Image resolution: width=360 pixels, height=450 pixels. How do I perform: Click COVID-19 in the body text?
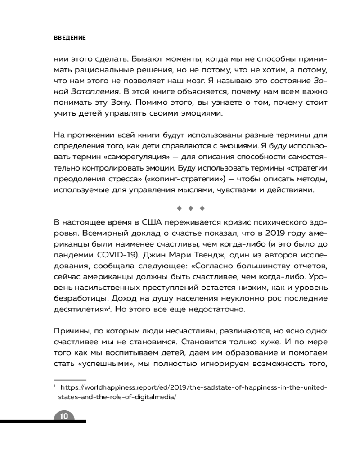click(x=111, y=255)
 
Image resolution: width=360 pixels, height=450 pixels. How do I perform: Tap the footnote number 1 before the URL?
click(x=54, y=387)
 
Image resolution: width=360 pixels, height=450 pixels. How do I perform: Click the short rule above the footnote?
click(x=69, y=379)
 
